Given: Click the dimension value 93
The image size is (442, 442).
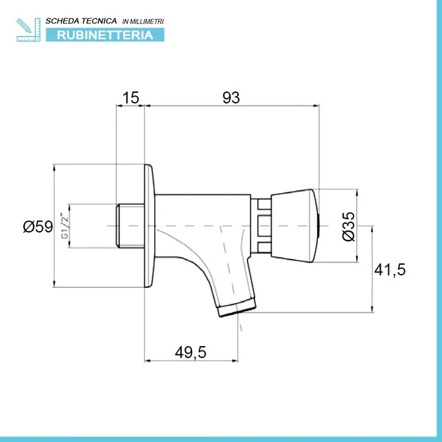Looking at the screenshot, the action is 231,98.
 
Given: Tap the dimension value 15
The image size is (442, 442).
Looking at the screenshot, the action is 131,98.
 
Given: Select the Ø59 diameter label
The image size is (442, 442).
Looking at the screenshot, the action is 38,227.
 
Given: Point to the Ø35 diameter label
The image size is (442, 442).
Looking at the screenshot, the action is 349,226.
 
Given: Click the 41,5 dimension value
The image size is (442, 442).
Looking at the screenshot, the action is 390,270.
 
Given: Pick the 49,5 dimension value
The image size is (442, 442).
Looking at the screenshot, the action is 191,352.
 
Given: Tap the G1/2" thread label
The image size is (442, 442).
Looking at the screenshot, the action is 65,226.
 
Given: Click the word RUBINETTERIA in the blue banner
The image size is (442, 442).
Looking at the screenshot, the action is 105,35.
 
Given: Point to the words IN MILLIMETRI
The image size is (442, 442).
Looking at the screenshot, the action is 143,21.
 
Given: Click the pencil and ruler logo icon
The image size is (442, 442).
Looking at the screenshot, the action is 28,30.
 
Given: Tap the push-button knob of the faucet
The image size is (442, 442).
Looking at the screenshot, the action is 295,226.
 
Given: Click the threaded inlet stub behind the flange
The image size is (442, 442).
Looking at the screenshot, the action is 131,226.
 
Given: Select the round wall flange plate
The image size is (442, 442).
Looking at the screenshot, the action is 150,226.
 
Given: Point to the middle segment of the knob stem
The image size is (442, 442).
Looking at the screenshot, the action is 265,226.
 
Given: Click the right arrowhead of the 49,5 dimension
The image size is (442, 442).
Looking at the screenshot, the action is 235,361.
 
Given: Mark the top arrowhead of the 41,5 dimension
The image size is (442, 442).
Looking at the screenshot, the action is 373,229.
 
